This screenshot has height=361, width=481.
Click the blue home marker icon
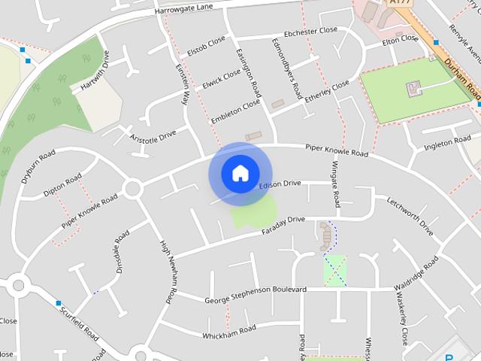coord(240,174)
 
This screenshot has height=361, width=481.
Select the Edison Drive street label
coord(280,184)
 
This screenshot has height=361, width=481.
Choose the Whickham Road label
coord(229,329)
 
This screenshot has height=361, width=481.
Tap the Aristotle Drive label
coord(153,136)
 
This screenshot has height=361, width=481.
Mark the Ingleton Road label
coord(447,143)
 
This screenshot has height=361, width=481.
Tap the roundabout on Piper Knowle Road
coord(133,188)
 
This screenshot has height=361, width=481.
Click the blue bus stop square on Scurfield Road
coord(58,303)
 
